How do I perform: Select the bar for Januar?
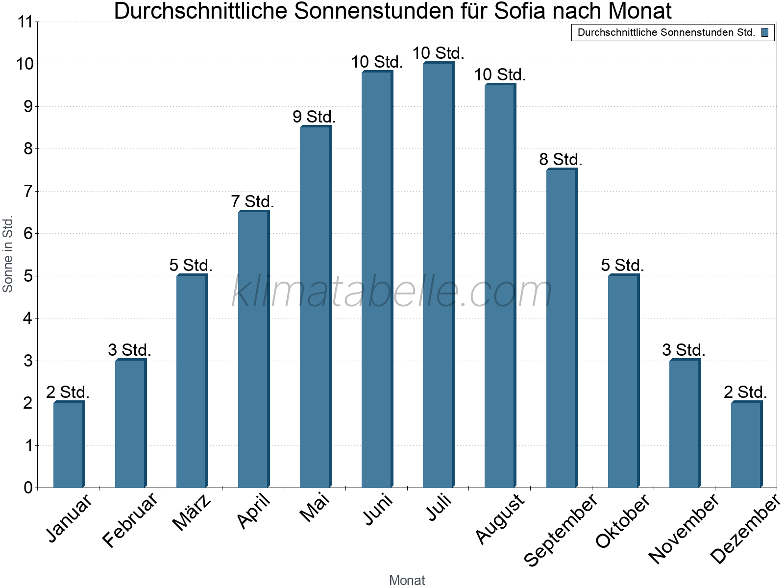(69, 444)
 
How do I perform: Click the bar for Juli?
(438, 275)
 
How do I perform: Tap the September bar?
(562, 328)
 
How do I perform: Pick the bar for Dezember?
(746, 444)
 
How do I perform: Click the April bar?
(253, 349)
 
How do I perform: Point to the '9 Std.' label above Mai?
(314, 117)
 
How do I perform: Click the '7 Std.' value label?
(252, 201)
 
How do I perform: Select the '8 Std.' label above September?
(561, 159)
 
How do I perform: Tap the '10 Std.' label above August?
(499, 75)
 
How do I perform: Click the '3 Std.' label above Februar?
(129, 350)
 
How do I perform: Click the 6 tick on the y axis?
(28, 234)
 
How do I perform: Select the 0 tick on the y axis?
(28, 488)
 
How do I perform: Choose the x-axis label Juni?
(377, 509)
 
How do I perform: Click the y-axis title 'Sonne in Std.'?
(8, 254)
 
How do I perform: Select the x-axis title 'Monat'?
(407, 580)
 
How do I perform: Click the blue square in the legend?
(765, 33)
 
